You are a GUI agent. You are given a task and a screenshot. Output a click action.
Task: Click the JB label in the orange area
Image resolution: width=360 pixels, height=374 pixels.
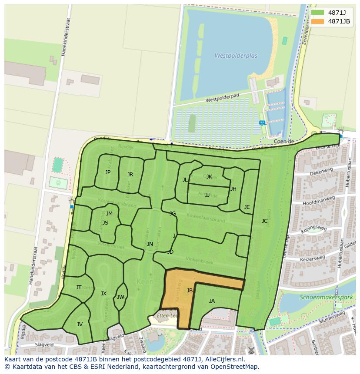pos(190,291)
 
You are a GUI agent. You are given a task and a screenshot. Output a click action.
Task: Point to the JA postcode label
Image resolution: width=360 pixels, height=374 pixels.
pos(212,301)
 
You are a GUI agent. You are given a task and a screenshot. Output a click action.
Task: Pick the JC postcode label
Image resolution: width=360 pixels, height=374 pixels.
pos(264,221)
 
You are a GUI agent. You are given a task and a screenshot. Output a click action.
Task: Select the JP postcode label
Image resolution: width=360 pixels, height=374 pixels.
pos(108,172)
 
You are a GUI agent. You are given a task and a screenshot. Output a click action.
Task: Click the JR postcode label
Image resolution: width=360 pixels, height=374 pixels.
pos(130,175)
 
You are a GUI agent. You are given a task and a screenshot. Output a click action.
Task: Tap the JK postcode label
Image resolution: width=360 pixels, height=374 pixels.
pos(209,177)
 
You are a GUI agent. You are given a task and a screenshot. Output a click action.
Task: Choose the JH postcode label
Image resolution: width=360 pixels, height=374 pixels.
pos(233,189)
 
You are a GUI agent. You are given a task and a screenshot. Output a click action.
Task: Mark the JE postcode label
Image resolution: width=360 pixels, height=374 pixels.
pos(247,207)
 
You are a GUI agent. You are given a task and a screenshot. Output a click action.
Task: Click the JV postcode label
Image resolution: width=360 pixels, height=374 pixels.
pos(80,324)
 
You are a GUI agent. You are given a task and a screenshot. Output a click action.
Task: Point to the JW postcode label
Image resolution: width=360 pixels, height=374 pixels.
pos(120,297)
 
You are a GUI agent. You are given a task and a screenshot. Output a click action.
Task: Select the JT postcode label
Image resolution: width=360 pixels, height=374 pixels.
pos(79,288)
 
